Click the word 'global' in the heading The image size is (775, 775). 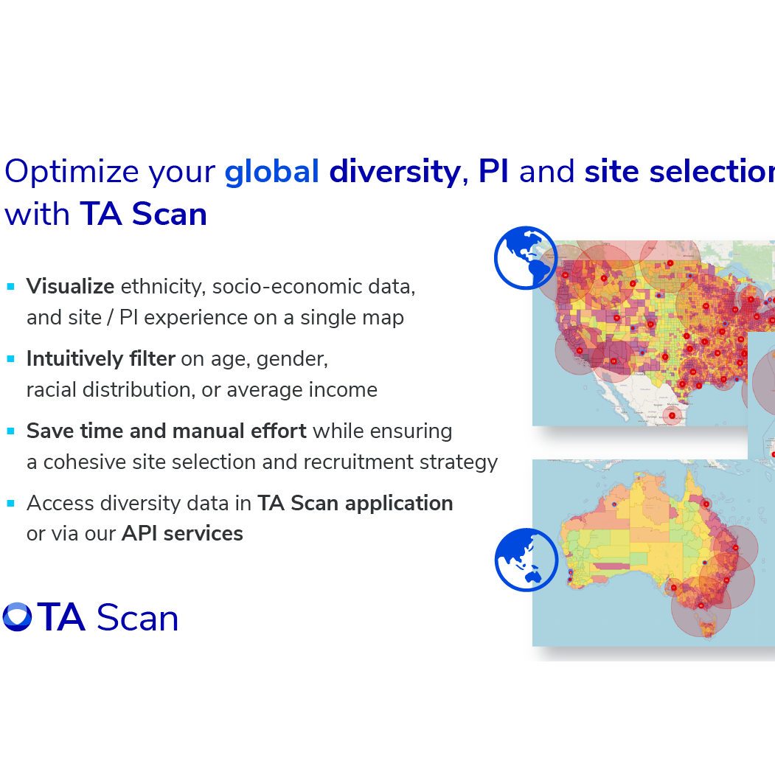(x=271, y=171)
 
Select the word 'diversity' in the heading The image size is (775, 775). (x=395, y=171)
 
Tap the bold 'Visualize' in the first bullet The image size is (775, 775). (x=70, y=287)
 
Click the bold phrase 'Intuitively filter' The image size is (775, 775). (x=100, y=359)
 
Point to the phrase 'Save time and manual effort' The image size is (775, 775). (x=166, y=431)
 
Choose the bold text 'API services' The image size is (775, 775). (x=182, y=533)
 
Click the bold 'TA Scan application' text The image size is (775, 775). (x=355, y=503)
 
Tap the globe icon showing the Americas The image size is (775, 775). (x=526, y=257)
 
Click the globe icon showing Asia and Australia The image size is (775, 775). (x=526, y=560)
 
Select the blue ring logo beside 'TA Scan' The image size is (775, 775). (x=17, y=617)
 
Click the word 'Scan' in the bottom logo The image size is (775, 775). (x=137, y=617)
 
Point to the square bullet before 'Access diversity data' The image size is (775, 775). (x=11, y=504)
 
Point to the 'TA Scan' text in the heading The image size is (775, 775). (x=143, y=214)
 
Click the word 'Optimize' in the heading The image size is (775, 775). (x=72, y=171)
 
